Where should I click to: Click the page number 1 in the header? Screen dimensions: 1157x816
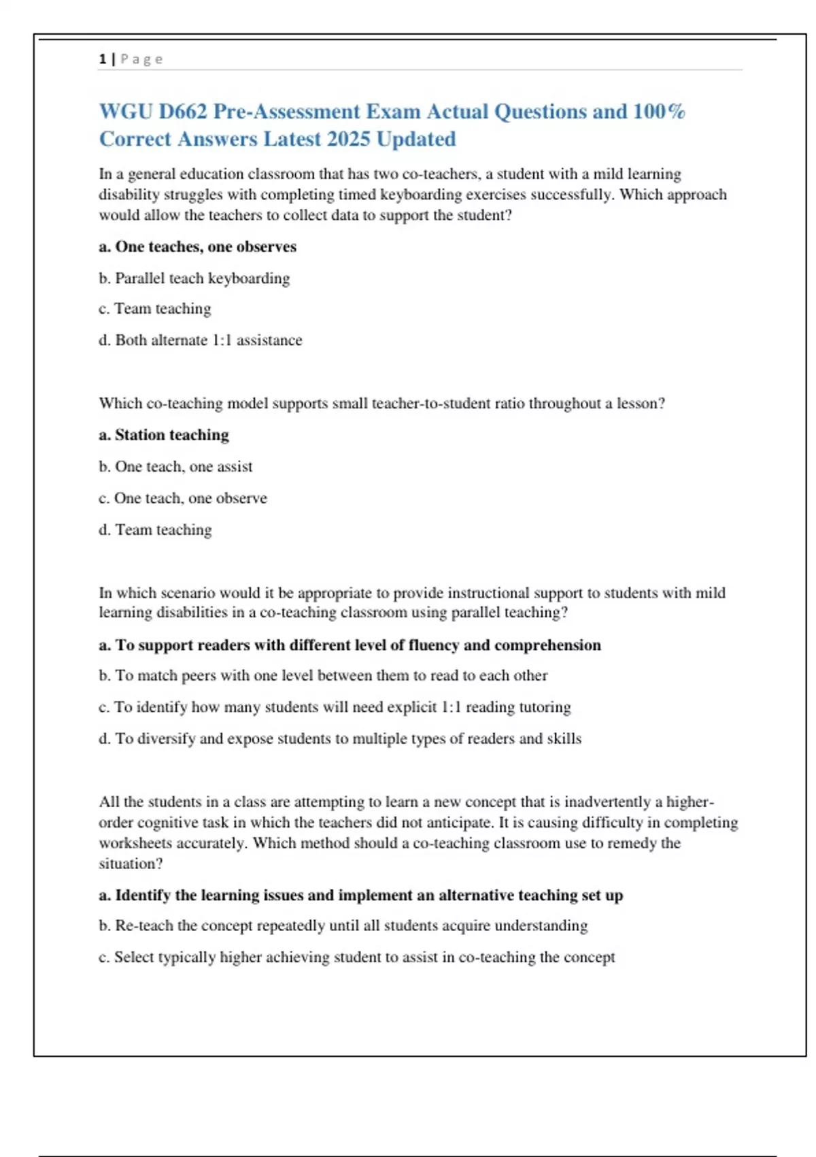[x=103, y=59]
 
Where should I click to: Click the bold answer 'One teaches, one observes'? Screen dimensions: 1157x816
[x=205, y=247]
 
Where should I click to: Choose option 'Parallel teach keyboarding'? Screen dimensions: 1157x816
[x=202, y=278]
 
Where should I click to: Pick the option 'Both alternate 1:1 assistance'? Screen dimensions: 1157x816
[x=208, y=340]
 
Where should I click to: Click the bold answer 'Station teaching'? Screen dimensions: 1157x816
[x=171, y=435]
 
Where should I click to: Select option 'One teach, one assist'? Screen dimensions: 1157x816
[x=183, y=467]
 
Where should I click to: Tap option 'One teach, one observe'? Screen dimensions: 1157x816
[x=190, y=498]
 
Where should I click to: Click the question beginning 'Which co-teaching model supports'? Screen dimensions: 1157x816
[x=381, y=404]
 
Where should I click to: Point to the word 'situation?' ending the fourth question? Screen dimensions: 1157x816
[x=131, y=864]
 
